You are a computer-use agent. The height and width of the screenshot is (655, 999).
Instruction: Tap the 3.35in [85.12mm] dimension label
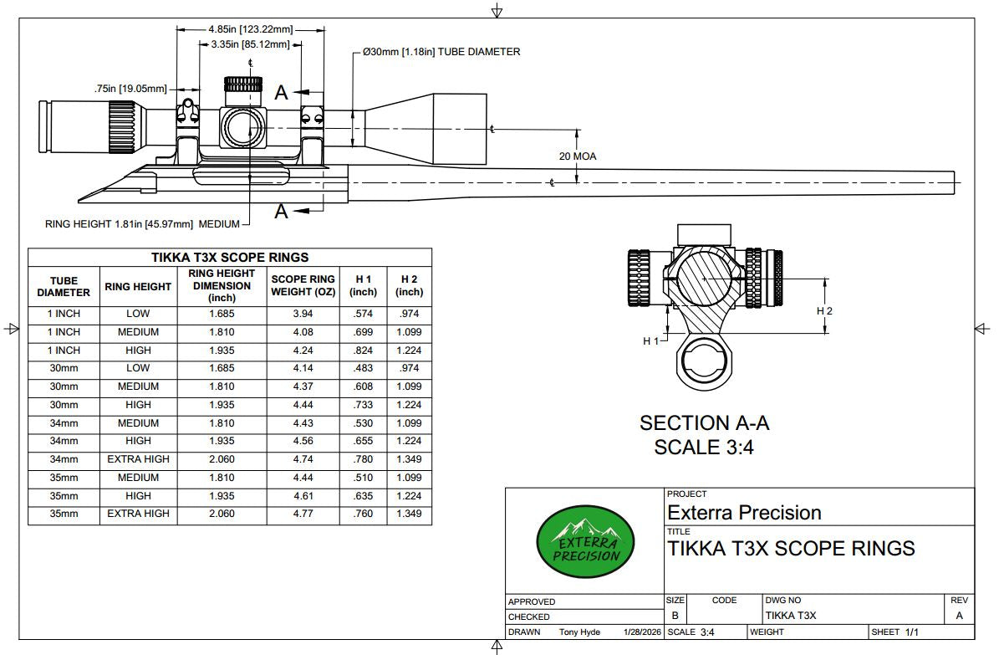pyautogui.click(x=250, y=44)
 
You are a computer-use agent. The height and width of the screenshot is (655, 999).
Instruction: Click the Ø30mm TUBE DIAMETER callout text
pyautogui.click(x=441, y=52)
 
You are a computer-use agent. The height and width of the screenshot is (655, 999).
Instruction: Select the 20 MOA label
pyautogui.click(x=578, y=156)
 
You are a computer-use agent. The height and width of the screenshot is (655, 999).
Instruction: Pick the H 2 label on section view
pyautogui.click(x=824, y=311)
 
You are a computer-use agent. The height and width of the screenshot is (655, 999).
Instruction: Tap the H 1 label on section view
pyautogui.click(x=651, y=341)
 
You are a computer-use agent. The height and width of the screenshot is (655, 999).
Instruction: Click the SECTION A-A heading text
pyautogui.click(x=704, y=423)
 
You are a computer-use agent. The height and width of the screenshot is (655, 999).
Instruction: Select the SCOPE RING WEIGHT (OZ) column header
pyautogui.click(x=303, y=285)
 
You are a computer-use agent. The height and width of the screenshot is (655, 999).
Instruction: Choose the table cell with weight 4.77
pyautogui.click(x=303, y=514)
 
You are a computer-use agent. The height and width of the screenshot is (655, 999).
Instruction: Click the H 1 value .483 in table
pyautogui.click(x=363, y=368)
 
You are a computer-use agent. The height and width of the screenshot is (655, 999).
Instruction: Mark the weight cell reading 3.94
pyautogui.click(x=303, y=314)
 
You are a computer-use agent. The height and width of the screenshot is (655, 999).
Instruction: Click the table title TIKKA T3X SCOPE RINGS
pyautogui.click(x=229, y=258)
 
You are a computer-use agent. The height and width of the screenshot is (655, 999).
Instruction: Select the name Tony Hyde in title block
pyautogui.click(x=580, y=632)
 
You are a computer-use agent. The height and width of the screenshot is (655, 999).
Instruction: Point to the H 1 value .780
pyautogui.click(x=363, y=459)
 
